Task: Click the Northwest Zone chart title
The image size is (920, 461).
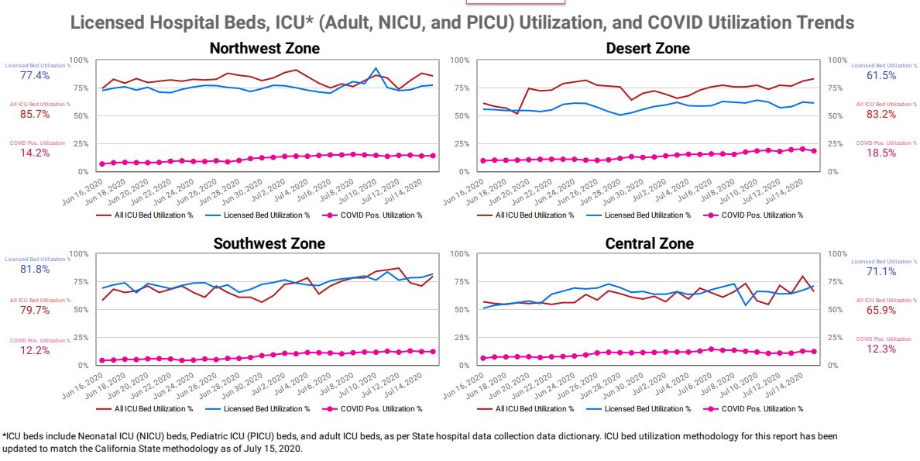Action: tap(265, 49)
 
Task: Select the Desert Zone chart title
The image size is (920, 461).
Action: tap(648, 49)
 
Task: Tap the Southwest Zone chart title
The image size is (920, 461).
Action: tap(269, 243)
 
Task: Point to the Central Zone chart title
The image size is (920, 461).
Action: tap(649, 243)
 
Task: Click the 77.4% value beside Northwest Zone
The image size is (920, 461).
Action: tap(35, 75)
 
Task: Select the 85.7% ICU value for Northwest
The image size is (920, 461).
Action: tap(35, 113)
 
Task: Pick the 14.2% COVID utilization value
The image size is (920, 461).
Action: tap(35, 153)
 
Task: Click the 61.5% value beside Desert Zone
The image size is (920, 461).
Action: tap(881, 75)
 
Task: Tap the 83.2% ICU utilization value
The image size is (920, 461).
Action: tap(881, 114)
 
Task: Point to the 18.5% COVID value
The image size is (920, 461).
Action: tap(881, 153)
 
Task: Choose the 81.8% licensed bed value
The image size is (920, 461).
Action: tap(35, 269)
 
